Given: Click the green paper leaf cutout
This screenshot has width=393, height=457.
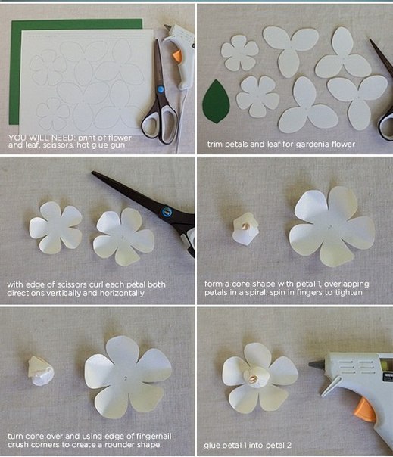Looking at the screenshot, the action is click(216, 101).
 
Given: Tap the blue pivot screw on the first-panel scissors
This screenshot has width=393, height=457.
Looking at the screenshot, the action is click(161, 89).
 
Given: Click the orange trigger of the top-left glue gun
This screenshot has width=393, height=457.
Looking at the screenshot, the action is click(177, 56).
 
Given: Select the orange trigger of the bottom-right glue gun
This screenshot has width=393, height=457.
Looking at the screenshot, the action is click(365, 410).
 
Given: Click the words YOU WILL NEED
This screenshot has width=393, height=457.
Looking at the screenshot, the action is click(42, 138).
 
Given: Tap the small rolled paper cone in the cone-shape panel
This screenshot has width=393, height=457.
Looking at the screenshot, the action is click(245, 228).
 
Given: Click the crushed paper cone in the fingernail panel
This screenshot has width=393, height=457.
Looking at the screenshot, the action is click(41, 371).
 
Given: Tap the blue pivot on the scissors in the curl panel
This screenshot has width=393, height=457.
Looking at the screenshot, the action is click(167, 211).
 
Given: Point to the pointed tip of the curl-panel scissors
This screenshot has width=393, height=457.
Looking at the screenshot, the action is click(92, 173).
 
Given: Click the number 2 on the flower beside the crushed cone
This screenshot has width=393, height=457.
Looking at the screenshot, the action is click(126, 378).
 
